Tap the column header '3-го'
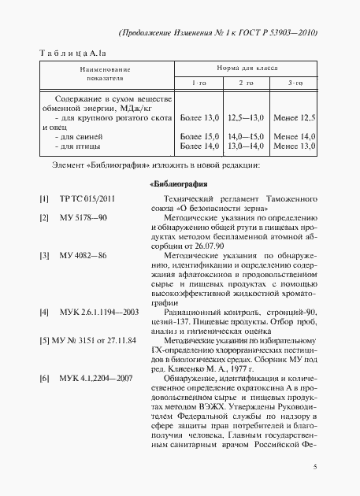295,83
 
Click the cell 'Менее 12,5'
295,117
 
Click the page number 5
314,467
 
